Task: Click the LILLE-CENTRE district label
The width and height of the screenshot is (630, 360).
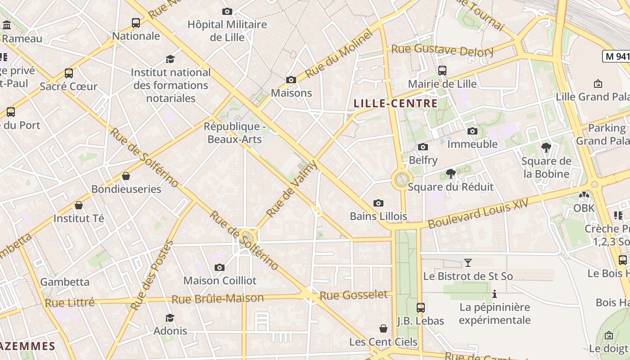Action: [396, 103]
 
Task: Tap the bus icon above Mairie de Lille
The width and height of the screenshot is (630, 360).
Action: [442, 71]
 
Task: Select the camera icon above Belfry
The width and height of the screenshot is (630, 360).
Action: [423, 147]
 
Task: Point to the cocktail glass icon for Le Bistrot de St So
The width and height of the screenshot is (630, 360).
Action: [468, 262]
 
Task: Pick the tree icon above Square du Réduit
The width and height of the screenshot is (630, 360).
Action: [450, 174]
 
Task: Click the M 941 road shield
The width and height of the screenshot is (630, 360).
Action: [616, 56]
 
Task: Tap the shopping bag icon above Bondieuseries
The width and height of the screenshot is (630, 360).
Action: [126, 176]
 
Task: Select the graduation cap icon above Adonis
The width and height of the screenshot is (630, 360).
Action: [170, 318]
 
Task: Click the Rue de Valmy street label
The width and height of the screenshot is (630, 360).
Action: [292, 189]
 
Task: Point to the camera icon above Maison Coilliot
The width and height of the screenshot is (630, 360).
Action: [219, 267]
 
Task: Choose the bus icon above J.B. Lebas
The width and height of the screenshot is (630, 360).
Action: [420, 308]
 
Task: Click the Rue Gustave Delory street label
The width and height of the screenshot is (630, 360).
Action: [442, 50]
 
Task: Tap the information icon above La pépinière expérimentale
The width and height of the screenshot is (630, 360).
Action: [495, 294]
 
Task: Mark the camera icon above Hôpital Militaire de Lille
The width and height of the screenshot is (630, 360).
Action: [227, 11]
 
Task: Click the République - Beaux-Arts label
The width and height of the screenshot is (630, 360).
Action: [234, 133]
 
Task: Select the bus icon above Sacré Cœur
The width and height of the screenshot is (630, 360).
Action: [68, 73]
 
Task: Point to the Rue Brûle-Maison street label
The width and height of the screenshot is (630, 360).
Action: [218, 299]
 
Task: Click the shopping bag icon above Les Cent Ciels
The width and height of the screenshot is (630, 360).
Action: [383, 328]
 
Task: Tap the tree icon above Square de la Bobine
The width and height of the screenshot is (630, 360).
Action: [546, 148]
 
